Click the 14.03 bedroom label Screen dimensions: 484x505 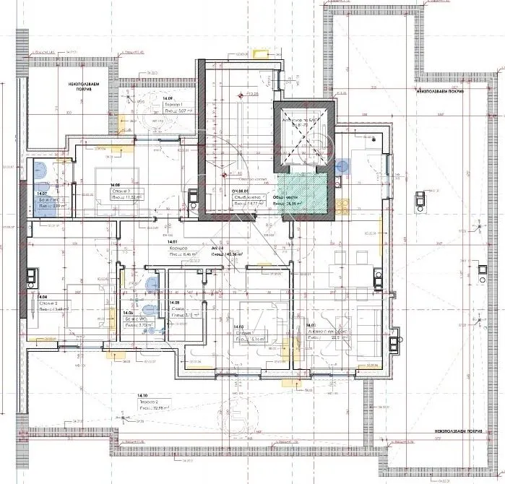[x=238, y=327]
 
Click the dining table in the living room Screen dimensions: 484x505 [x=341, y=275]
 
